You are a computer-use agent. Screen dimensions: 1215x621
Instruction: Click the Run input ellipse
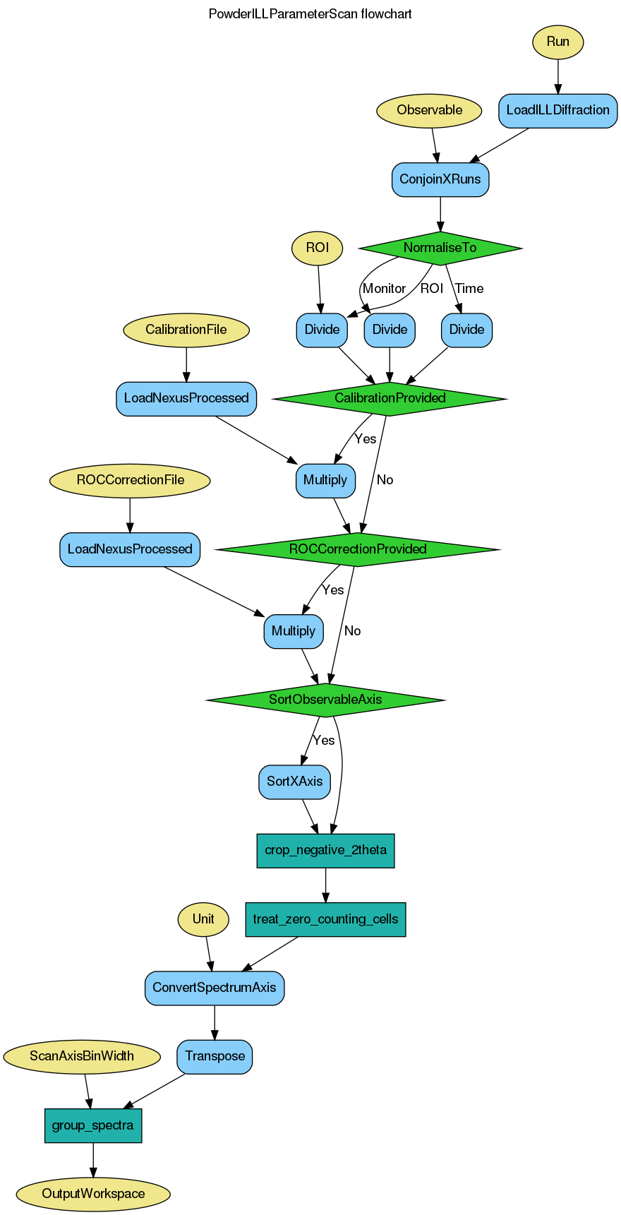(x=557, y=42)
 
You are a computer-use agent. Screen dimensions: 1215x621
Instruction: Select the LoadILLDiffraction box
(x=557, y=110)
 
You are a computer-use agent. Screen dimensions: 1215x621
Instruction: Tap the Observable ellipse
(x=429, y=110)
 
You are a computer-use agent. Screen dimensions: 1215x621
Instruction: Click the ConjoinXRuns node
(x=440, y=179)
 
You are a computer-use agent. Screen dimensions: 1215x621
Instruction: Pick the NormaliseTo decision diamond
(x=440, y=248)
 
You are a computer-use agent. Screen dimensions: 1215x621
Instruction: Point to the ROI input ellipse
(x=318, y=248)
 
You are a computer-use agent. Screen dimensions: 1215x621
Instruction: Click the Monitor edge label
(x=384, y=289)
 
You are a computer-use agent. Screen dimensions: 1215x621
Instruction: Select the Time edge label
(x=469, y=289)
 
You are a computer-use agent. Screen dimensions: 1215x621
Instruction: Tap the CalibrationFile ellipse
(x=186, y=330)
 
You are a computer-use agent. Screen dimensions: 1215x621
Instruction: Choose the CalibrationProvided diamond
(x=390, y=398)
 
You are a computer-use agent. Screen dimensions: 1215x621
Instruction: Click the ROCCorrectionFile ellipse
(x=130, y=480)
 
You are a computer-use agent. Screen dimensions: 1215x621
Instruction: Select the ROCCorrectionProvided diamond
(x=358, y=549)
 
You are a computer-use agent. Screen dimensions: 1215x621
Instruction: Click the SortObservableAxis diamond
(x=325, y=700)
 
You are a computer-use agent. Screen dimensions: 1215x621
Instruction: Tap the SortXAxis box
(x=294, y=782)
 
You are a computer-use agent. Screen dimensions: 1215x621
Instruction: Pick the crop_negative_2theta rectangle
(x=325, y=850)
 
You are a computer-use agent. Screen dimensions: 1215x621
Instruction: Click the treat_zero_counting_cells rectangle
(x=325, y=919)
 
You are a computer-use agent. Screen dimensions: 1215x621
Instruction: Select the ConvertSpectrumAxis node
(x=215, y=988)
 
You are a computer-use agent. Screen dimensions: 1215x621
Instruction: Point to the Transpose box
(x=215, y=1056)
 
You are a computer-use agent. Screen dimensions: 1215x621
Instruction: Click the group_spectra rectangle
(x=93, y=1125)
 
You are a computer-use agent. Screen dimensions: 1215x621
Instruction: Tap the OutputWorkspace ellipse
(x=93, y=1194)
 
